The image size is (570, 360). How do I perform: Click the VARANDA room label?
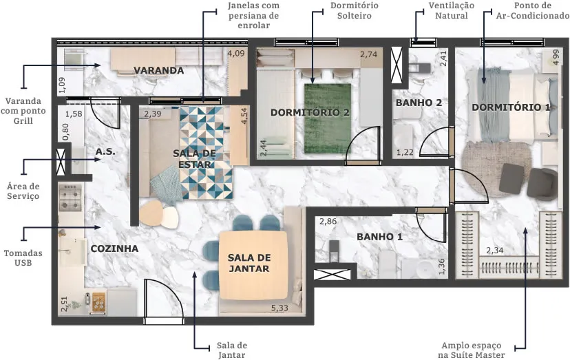[158, 70]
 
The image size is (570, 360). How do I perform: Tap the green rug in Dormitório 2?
[328, 118]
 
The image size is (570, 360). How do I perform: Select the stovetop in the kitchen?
[70, 198]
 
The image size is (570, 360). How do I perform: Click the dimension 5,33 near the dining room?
[279, 308]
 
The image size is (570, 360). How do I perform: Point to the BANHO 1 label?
[379, 237]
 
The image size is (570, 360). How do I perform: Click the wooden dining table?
[254, 266]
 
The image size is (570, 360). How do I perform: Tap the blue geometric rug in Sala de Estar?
[206, 153]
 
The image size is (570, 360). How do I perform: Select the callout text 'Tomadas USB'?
[23, 258]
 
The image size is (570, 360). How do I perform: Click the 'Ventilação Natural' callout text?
[451, 10]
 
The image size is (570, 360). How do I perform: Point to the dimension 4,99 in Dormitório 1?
[556, 57]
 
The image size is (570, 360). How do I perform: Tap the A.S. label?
[105, 151]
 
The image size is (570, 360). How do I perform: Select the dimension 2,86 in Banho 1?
[328, 221]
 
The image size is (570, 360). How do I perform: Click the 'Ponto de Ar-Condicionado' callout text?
[533, 10]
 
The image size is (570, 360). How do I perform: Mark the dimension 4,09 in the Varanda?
[236, 54]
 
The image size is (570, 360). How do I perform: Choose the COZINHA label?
[114, 248]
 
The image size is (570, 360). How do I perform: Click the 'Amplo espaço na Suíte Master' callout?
[471, 350]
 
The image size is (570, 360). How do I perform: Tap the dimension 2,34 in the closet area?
[495, 251]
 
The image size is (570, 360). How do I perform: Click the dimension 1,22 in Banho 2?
[405, 152]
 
